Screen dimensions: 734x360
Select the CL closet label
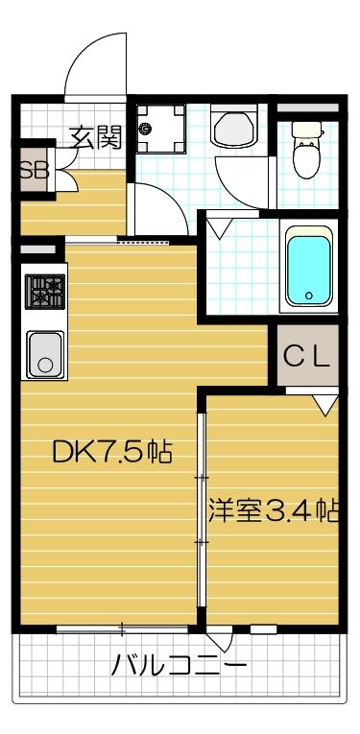[x=307, y=357]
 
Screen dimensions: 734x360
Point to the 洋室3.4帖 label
[x=275, y=509]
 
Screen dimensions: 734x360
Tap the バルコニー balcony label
[x=179, y=664]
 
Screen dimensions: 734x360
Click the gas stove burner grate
[x=44, y=290]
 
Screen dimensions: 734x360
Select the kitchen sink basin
[x=44, y=353]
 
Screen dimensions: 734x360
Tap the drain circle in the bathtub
[x=308, y=296]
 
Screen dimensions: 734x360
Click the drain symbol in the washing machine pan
[x=145, y=128]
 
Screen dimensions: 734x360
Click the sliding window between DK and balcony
[x=122, y=629]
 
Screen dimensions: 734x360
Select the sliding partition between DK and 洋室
[x=202, y=509]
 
